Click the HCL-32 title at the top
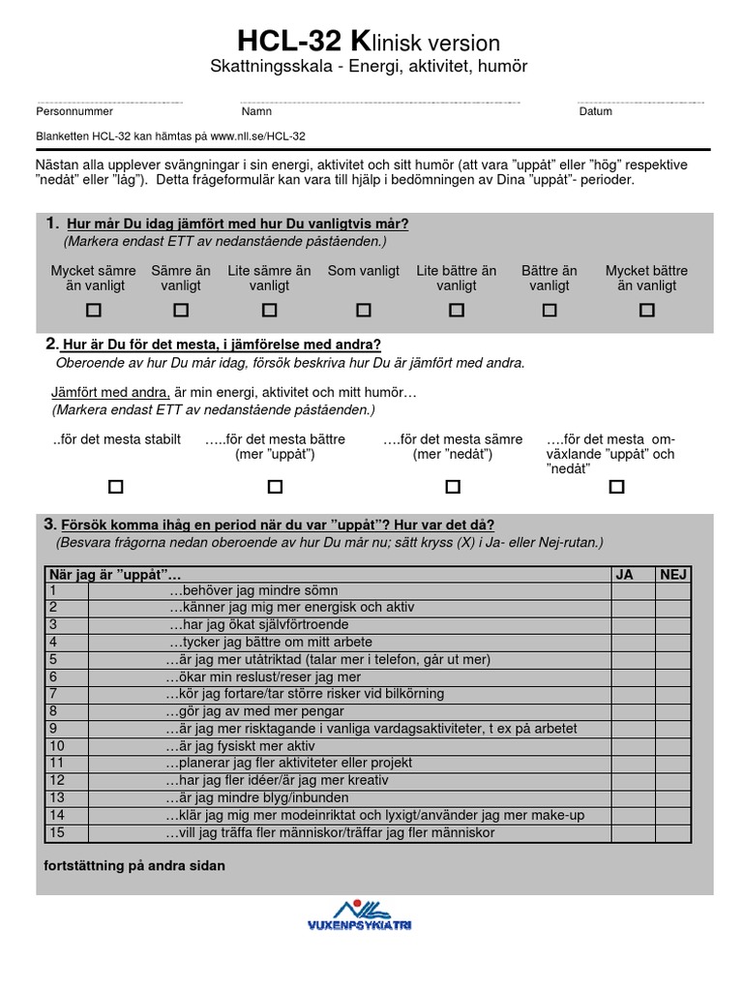pos(369,43)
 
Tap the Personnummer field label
pos(74,111)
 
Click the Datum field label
pos(595,111)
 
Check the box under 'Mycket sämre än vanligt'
pos(94,311)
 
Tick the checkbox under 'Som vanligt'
pos(364,311)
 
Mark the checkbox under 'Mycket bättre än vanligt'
pos(647,311)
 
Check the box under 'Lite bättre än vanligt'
pos(457,311)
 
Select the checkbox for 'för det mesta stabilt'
pos(116,487)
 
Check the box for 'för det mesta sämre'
pos(452,487)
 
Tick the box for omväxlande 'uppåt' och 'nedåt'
pos(616,487)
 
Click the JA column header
pos(624,574)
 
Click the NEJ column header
pos(672,574)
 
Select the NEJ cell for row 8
pos(684,711)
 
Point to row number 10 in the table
pos(56,746)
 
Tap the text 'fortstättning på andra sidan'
pos(135,865)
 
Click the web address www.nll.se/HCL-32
pos(257,137)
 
